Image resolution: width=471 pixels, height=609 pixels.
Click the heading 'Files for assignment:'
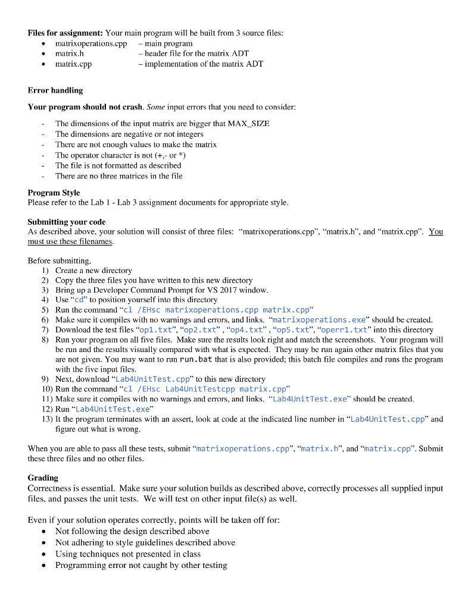coord(65,33)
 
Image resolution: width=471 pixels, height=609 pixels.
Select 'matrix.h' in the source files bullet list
coord(69,54)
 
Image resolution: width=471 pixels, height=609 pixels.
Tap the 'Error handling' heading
coord(55,90)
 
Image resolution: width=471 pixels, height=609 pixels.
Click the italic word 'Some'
coord(155,107)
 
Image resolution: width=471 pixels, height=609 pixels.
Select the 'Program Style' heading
coord(54,193)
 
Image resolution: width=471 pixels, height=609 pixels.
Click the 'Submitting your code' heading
coord(67,222)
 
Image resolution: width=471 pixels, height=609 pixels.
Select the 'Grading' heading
coord(43,478)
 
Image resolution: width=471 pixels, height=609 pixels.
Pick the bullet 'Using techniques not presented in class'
coord(128,554)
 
